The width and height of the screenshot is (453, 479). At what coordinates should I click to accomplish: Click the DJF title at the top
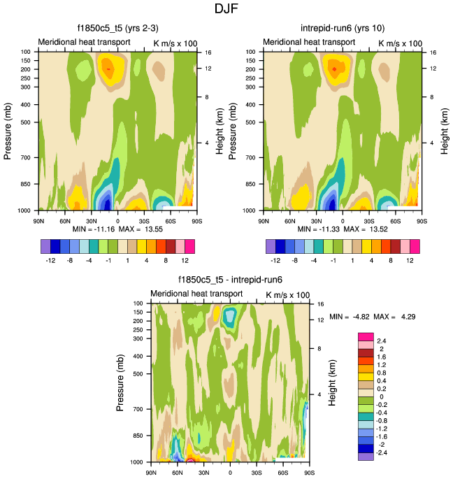[226, 9]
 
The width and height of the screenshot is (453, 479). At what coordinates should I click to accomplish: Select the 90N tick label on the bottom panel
[151, 473]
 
